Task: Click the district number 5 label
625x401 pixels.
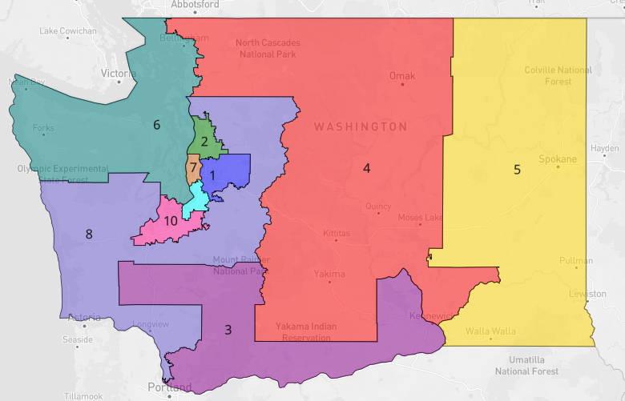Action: point(517,169)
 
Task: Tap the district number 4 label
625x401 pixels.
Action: point(366,168)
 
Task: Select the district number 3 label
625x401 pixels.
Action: point(228,330)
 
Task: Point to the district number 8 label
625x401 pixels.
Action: point(89,235)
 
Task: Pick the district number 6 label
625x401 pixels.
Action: point(157,124)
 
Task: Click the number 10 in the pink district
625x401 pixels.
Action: point(171,222)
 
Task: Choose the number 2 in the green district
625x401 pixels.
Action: point(205,142)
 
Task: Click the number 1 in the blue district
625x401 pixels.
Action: point(213,175)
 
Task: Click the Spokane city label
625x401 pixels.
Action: point(558,159)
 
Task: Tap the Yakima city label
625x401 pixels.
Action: point(329,274)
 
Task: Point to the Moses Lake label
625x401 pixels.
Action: point(420,218)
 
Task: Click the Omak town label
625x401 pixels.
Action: point(402,76)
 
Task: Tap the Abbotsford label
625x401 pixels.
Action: point(196,4)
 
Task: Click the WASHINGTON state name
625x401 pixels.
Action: point(360,126)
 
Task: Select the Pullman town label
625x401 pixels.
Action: point(577,261)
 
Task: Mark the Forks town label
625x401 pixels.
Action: point(43,127)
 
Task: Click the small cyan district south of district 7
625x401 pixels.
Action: point(194,201)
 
